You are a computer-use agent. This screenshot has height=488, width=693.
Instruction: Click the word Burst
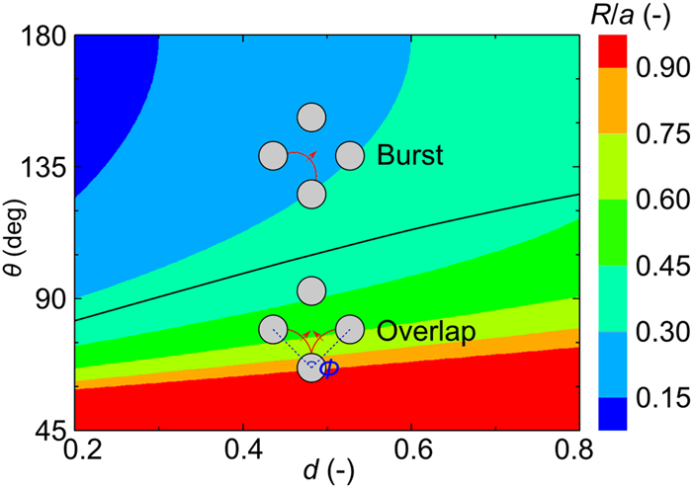[409, 156]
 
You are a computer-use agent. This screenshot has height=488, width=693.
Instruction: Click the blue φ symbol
[330, 368]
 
